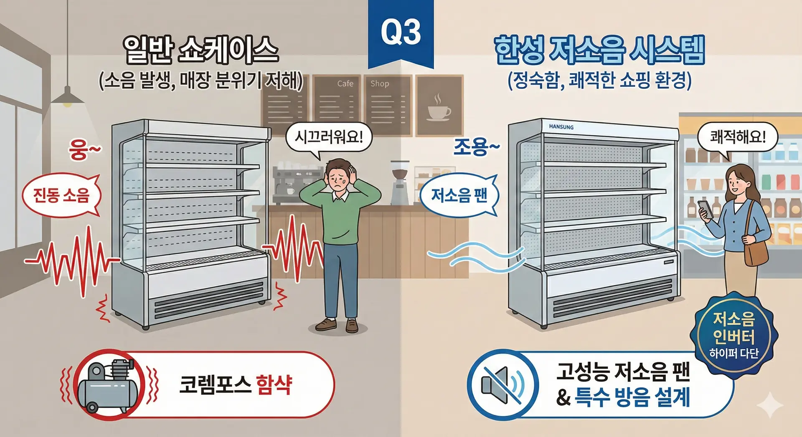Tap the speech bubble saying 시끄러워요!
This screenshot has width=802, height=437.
[329, 137]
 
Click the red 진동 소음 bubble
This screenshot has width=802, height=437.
[61, 195]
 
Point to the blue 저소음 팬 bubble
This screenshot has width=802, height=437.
[459, 195]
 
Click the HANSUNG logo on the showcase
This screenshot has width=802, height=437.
[561, 127]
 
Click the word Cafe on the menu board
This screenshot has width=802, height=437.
[345, 83]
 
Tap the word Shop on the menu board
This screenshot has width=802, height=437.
[379, 83]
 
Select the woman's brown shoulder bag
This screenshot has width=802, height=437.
[756, 250]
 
